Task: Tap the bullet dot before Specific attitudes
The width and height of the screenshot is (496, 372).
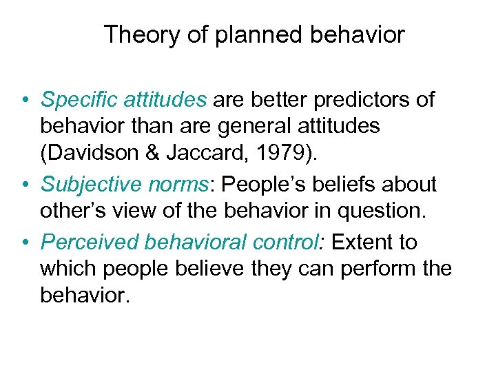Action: coord(24,101)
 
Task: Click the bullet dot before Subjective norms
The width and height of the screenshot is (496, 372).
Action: coord(24,185)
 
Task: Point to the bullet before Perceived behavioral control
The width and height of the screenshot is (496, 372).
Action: coord(24,242)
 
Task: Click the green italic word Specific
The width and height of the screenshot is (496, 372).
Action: coord(79,100)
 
